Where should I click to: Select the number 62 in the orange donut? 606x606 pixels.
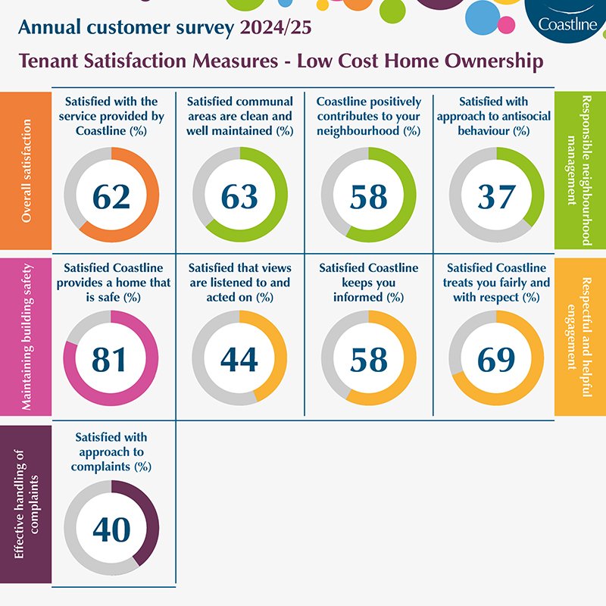coord(111,196)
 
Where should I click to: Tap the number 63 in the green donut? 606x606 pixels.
coord(239,196)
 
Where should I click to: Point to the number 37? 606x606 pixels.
coord(496,196)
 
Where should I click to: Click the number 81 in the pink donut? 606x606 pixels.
coord(111,360)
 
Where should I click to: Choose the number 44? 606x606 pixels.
coord(239,360)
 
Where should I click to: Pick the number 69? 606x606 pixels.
coord(496,360)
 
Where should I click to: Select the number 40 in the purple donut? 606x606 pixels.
coord(111,529)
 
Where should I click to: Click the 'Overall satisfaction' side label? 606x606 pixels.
coord(27,171)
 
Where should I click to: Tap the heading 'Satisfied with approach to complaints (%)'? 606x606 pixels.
coord(111,452)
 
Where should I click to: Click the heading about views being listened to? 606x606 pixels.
coord(239,283)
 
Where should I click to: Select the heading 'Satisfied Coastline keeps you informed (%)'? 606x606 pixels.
coord(368,283)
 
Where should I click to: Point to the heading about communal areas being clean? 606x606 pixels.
coord(239,116)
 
